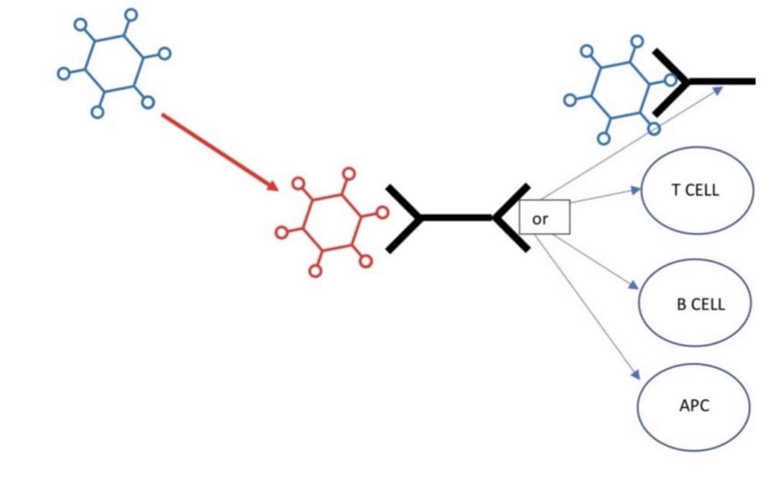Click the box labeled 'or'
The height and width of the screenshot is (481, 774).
[x=544, y=217]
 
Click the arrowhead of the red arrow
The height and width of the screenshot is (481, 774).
[x=271, y=185]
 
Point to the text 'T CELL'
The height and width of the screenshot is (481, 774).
[x=696, y=191]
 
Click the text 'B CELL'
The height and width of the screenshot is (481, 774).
[x=700, y=304]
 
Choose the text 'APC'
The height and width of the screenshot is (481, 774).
[x=694, y=406]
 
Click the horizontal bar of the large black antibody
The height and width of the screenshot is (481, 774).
[x=457, y=218]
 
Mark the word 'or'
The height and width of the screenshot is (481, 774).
[x=540, y=219]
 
